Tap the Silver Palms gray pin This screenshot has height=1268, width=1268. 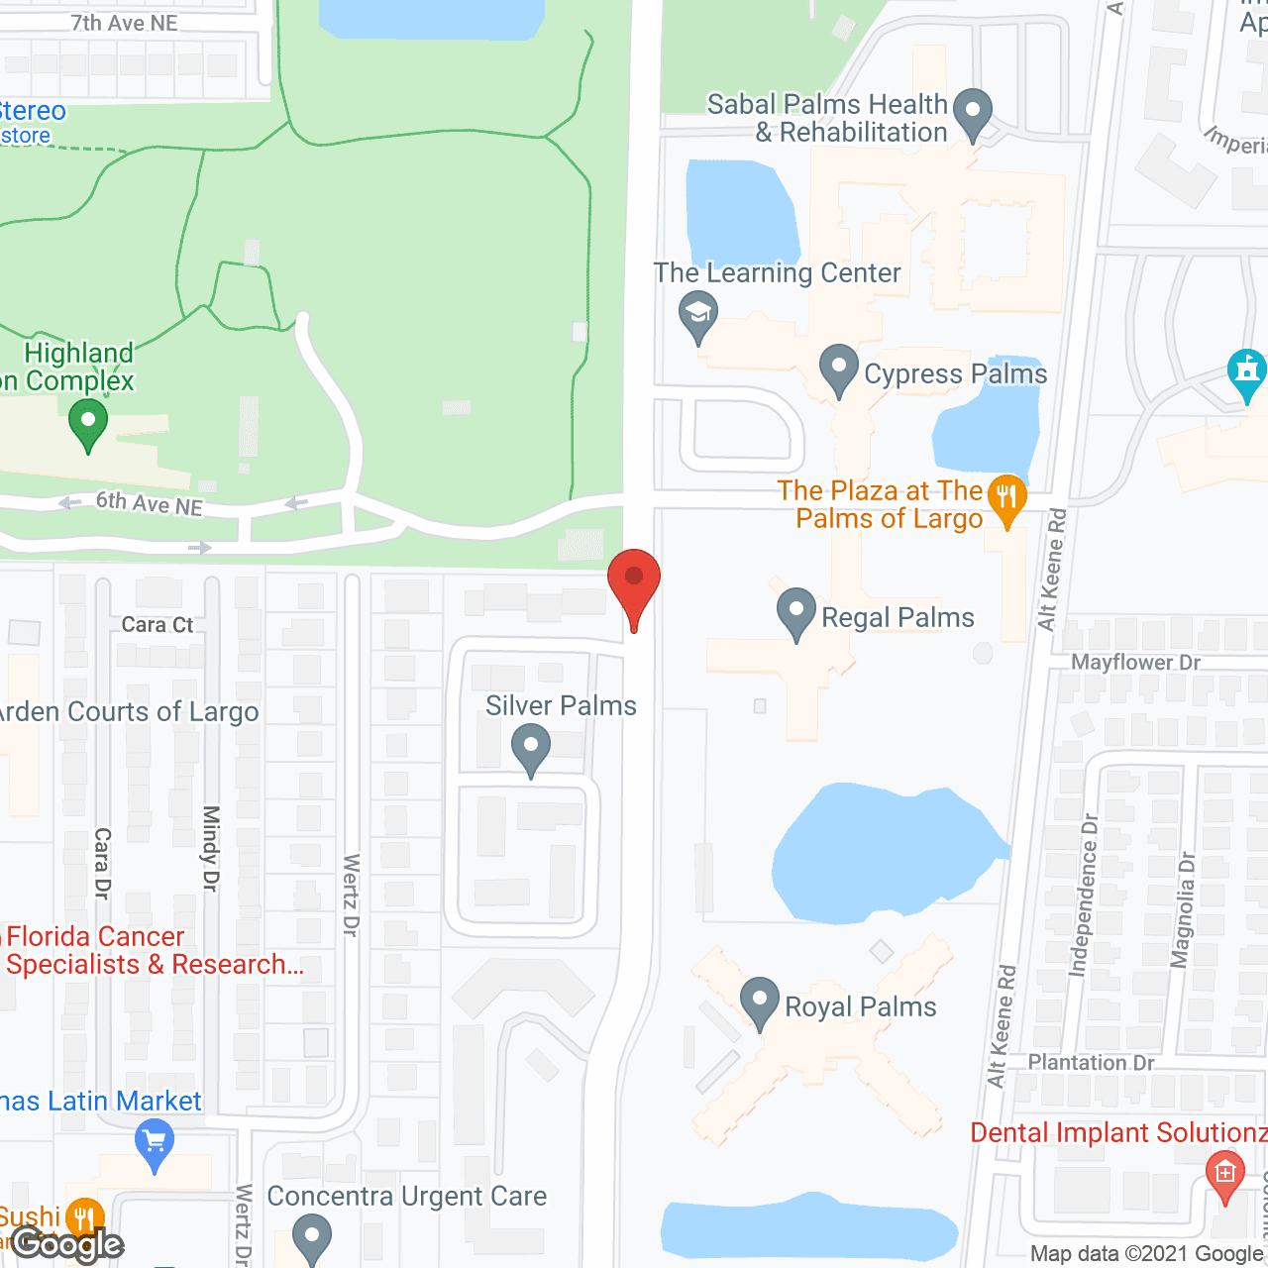(531, 749)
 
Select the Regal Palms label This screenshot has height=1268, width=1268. (898, 618)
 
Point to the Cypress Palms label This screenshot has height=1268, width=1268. (955, 374)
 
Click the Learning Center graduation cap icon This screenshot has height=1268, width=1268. (698, 315)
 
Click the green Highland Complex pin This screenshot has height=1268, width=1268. (88, 426)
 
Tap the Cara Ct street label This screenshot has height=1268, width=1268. (158, 625)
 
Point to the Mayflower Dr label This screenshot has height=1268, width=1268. (1135, 663)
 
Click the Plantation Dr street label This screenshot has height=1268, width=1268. (1091, 1063)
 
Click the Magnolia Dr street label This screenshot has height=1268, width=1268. (1183, 909)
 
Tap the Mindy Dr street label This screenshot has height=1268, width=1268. (210, 848)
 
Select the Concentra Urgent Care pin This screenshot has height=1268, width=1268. (312, 1238)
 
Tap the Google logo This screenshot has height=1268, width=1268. (67, 1244)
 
